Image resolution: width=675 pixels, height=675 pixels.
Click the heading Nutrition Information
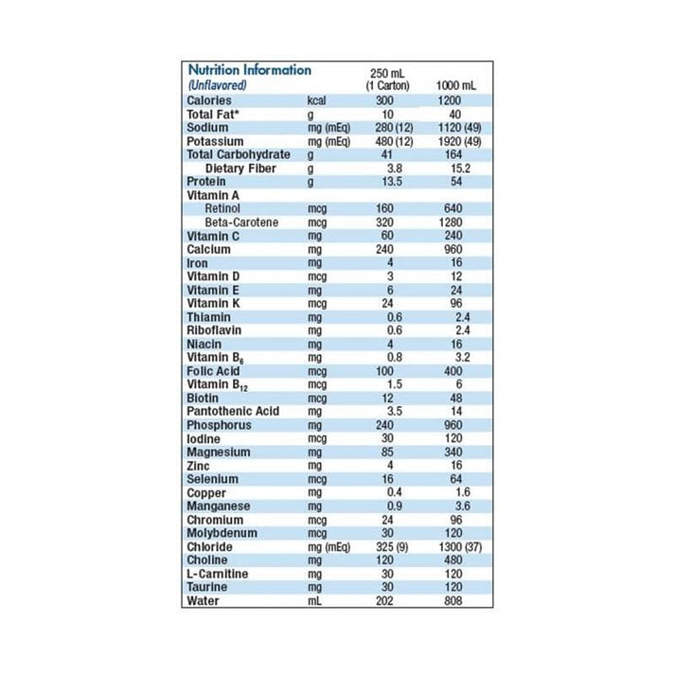249,70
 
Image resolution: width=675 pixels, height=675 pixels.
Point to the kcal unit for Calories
317,99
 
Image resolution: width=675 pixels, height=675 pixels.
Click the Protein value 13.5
385,181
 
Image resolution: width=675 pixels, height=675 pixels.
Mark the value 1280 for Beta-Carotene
454,222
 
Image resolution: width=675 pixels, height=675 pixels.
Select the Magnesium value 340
454,452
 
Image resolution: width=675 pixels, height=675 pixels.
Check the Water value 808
454,600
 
